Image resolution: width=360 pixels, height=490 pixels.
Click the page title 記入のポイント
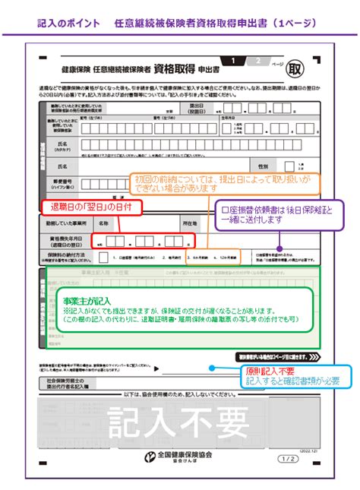68,24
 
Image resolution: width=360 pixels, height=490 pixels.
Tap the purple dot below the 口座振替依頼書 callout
280,247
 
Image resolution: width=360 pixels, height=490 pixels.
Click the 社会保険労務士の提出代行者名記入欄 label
68,384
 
